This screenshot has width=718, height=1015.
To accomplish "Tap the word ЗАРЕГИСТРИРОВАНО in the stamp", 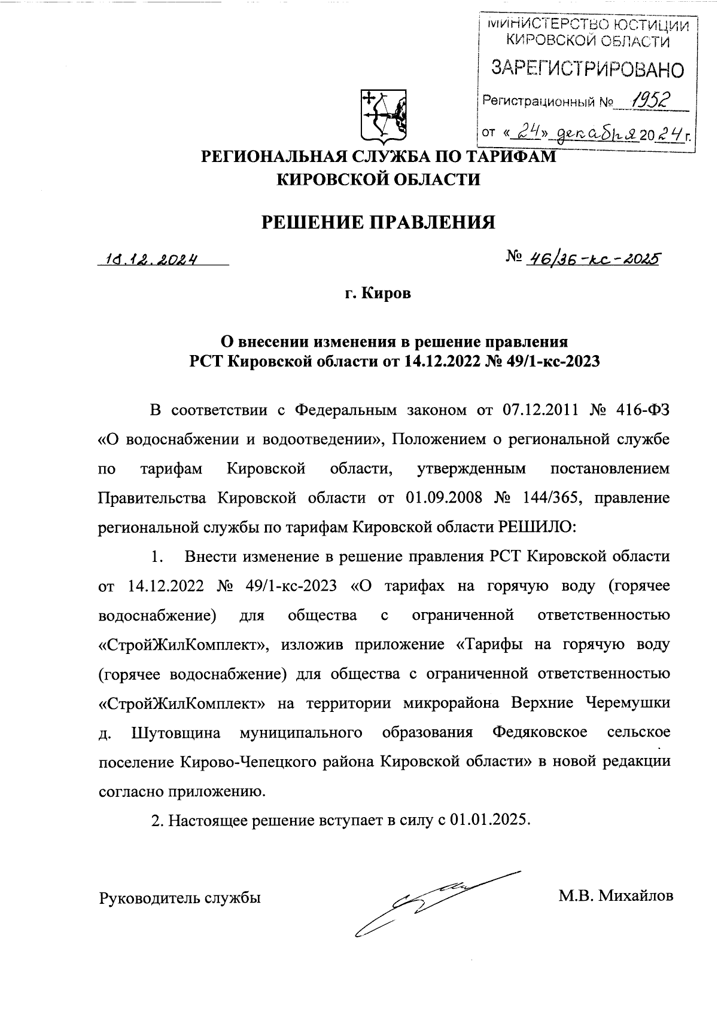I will [586, 69].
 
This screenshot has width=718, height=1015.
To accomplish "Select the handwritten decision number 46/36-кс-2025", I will [591, 259].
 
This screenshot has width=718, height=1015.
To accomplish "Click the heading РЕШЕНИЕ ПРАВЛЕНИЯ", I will [379, 223].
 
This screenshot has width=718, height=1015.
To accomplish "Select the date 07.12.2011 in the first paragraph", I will [534, 410].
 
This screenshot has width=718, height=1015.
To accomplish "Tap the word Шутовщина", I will [175, 732].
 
